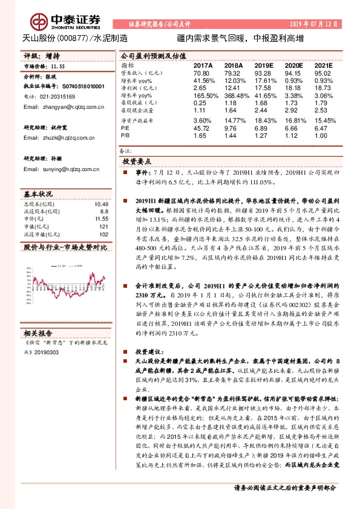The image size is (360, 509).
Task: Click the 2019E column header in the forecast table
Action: pyautogui.click(x=264, y=64)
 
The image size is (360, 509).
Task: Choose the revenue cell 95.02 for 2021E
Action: pyautogui.click(x=324, y=73)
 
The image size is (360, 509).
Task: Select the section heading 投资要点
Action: pyautogui.click(x=137, y=163)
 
